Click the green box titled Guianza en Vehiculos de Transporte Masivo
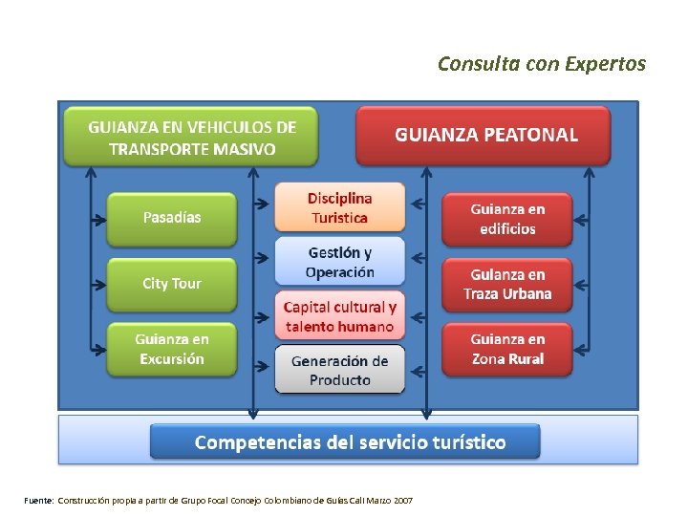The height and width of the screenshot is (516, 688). (191, 137)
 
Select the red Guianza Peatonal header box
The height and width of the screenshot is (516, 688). (483, 135)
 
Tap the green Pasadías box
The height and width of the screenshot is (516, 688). (172, 218)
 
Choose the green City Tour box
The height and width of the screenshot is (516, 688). (172, 284)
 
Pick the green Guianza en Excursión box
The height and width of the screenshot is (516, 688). (172, 349)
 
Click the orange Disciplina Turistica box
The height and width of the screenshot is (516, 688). (339, 207)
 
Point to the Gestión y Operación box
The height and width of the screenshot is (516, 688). (339, 262)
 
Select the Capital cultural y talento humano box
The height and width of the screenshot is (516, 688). (339, 316)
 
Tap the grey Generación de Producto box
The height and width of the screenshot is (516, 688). (339, 370)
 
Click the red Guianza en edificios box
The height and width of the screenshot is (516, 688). (507, 219)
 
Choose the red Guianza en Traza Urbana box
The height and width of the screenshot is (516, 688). (507, 284)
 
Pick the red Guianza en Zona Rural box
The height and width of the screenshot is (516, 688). (507, 349)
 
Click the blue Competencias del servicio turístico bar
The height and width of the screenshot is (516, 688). (345, 442)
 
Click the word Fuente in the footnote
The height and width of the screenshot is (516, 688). (39, 501)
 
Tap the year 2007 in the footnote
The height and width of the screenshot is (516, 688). (403, 501)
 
